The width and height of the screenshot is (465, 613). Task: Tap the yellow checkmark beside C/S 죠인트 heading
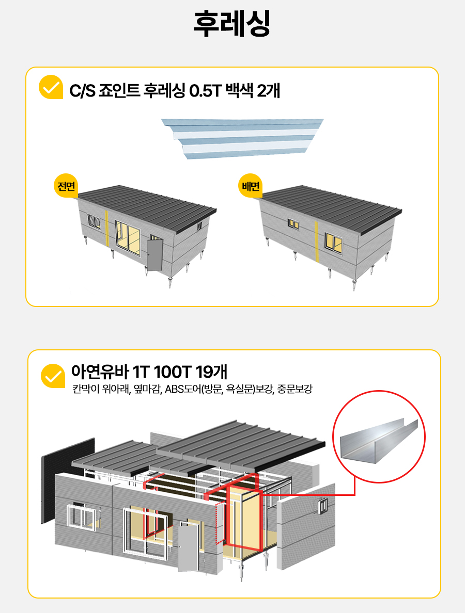pyautogui.click(x=51, y=87)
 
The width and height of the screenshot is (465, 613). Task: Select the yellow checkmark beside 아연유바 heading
pyautogui.click(x=53, y=376)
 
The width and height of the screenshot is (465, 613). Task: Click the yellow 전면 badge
pyautogui.click(x=66, y=186)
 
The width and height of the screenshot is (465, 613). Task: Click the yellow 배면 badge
pyautogui.click(x=250, y=186)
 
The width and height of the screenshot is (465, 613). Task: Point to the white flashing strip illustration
pyautogui.click(x=243, y=139)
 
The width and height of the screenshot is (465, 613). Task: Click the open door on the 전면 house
pyautogui.click(x=154, y=254)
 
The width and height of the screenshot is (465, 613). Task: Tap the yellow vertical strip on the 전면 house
pyautogui.click(x=106, y=228)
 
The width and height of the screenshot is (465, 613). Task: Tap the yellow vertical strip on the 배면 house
pyautogui.click(x=316, y=241)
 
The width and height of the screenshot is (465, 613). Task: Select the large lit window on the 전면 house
pyautogui.click(x=128, y=238)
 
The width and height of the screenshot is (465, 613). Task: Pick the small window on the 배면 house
pyautogui.click(x=293, y=224)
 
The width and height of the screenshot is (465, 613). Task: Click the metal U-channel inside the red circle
pyautogui.click(x=379, y=441)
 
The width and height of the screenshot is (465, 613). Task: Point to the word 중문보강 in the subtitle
pyautogui.click(x=295, y=390)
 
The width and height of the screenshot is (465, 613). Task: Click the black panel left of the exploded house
pyautogui.click(x=68, y=480)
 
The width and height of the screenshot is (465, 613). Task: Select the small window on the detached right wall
pyautogui.click(x=323, y=506)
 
